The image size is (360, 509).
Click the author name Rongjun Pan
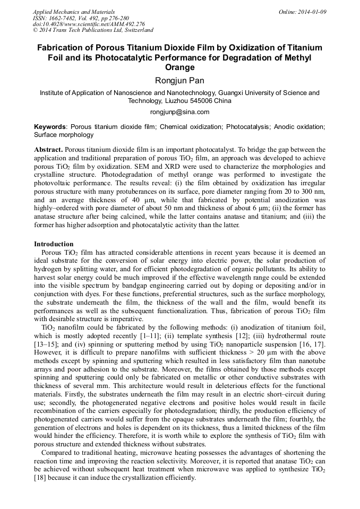[x=179, y=80]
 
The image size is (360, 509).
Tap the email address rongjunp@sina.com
[x=179, y=112]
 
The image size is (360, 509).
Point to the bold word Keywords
[x=50, y=127]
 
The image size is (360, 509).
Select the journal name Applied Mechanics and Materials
[x=73, y=12]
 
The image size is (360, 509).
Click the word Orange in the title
[x=179, y=67]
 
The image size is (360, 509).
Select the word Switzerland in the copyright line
[x=136, y=30]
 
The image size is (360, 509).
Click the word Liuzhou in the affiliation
[x=173, y=101]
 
